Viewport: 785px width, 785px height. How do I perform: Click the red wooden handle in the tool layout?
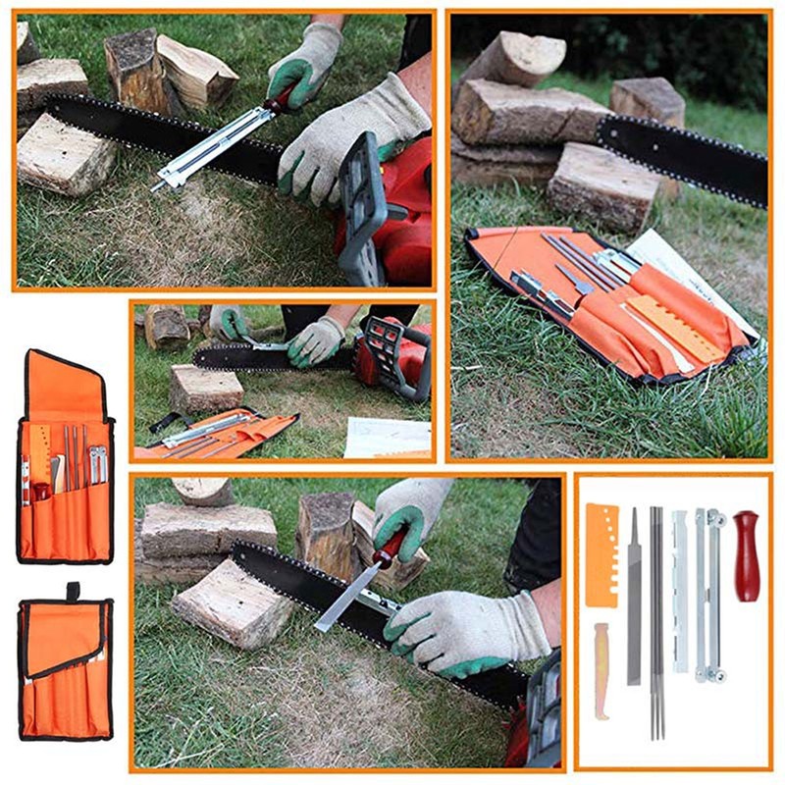pos(747,555)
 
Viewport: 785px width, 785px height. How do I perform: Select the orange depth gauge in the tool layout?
pos(602,555)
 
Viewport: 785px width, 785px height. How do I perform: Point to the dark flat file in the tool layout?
pos(634,599)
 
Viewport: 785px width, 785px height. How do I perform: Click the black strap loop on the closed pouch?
pos(73,591)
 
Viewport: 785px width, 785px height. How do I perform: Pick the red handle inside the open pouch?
pos(41,489)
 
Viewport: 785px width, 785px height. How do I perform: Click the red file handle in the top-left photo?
pos(282,98)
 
